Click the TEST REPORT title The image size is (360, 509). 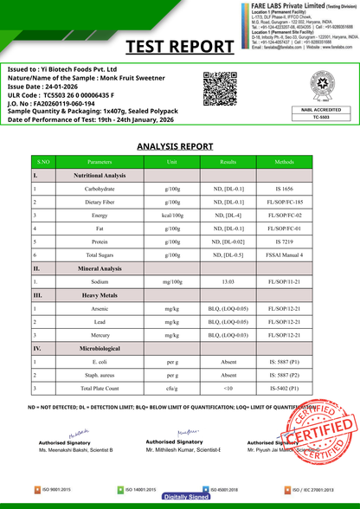(180, 45)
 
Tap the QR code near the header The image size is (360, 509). (217, 88)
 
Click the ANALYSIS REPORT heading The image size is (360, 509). (180, 146)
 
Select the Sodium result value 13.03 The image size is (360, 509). (228, 281)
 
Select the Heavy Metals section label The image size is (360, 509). (100, 295)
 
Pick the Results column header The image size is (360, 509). (228, 162)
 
